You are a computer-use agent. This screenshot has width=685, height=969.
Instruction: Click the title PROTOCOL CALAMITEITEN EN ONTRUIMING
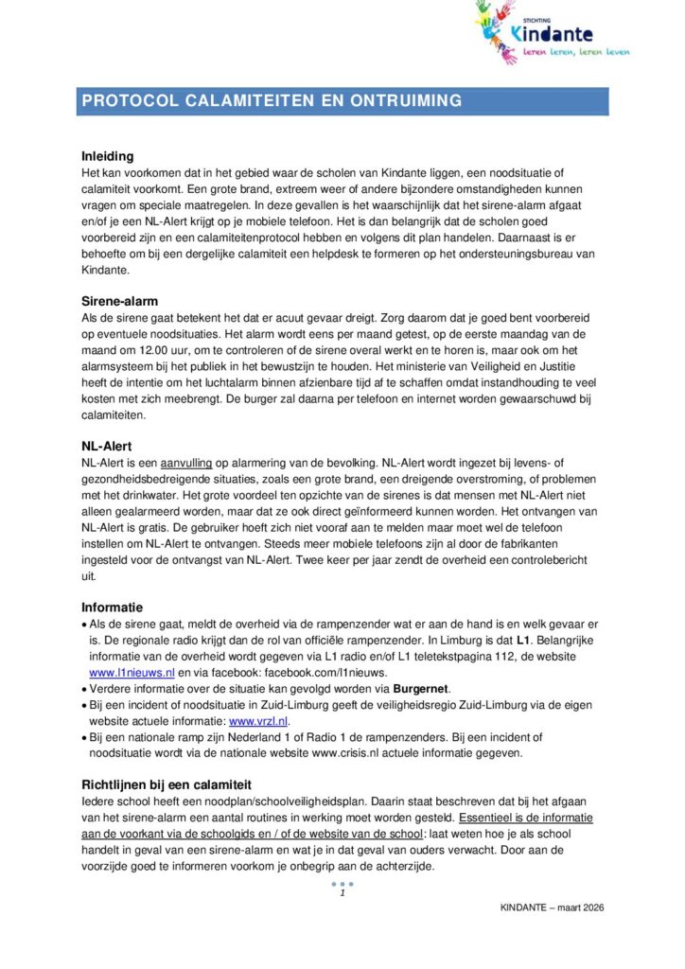pyautogui.click(x=272, y=100)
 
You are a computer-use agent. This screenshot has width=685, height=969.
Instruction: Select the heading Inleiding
pyautogui.click(x=108, y=156)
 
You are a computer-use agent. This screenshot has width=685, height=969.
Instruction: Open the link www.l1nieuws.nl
pyautogui.click(x=132, y=672)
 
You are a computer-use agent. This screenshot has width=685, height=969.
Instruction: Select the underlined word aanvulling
pyautogui.click(x=186, y=464)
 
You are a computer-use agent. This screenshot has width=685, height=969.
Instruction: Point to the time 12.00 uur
pyautogui.click(x=144, y=350)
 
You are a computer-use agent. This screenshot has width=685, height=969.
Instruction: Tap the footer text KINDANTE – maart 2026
pyautogui.click(x=552, y=907)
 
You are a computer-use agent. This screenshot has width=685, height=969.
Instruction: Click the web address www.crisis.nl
pyautogui.click(x=347, y=753)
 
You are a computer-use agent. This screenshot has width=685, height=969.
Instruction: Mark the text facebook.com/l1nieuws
pyautogui.click(x=288, y=672)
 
